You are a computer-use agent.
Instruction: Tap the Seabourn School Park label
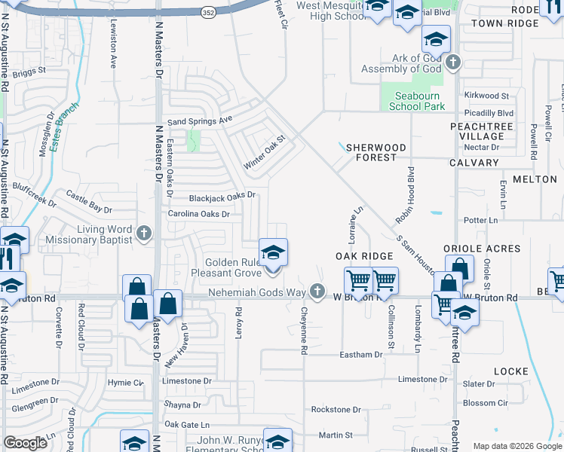pos(417,101)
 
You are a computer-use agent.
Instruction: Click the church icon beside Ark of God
pos(452,63)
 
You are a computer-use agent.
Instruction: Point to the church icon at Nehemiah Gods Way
pos(318,290)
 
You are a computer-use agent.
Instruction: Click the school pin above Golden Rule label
pos(273,252)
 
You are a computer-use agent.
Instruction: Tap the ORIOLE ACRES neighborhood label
pos(482,249)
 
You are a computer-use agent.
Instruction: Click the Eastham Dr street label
pos(361,354)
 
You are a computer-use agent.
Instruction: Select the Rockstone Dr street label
pos(336,409)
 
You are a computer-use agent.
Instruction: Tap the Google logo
pos(26,443)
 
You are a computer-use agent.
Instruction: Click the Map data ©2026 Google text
pos(517,446)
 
